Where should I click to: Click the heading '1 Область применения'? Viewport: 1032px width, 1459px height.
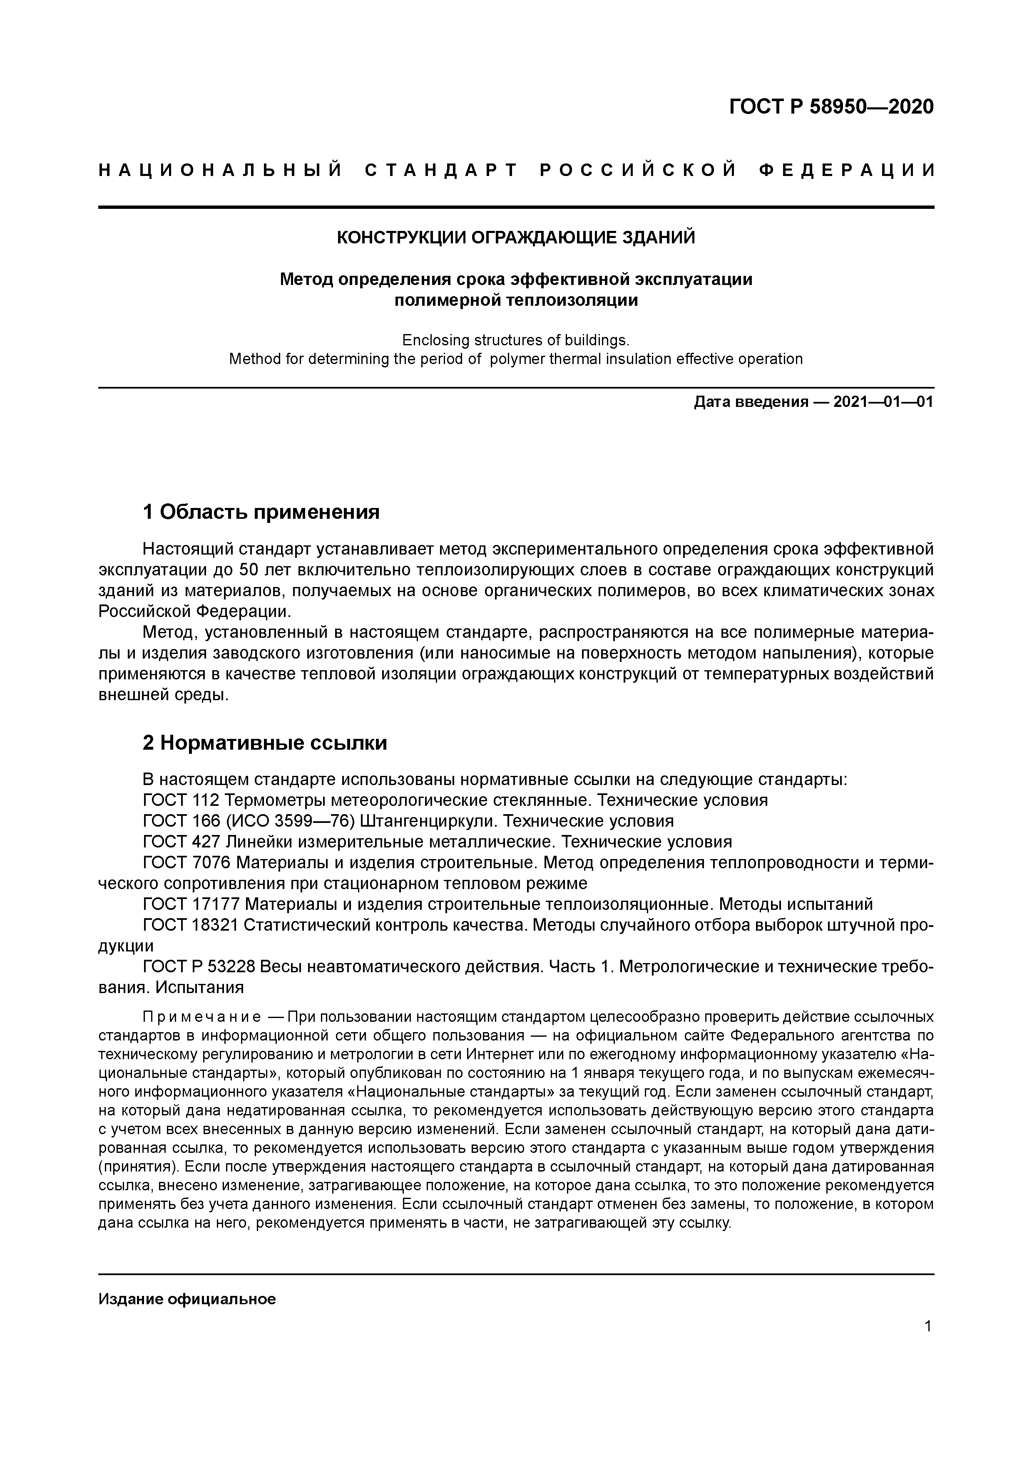[x=261, y=512]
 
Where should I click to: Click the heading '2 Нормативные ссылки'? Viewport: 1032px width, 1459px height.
[x=265, y=742]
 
